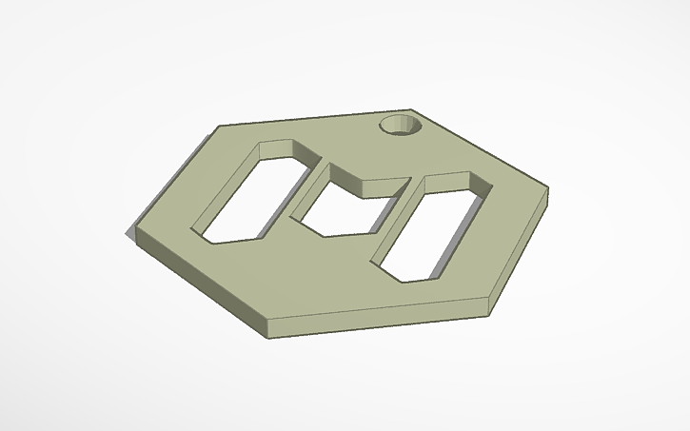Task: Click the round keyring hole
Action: [x=400, y=127]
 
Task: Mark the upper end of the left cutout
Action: [x=281, y=149]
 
